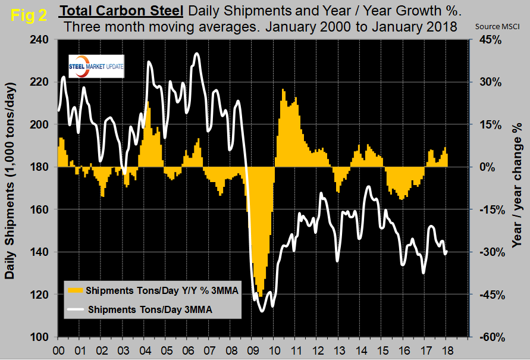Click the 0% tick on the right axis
pyautogui.click(x=490, y=167)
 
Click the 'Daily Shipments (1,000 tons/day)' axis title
pyautogui.click(x=11, y=189)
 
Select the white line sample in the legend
pyautogui.click(x=75, y=309)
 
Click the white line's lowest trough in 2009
pyautogui.click(x=262, y=311)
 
